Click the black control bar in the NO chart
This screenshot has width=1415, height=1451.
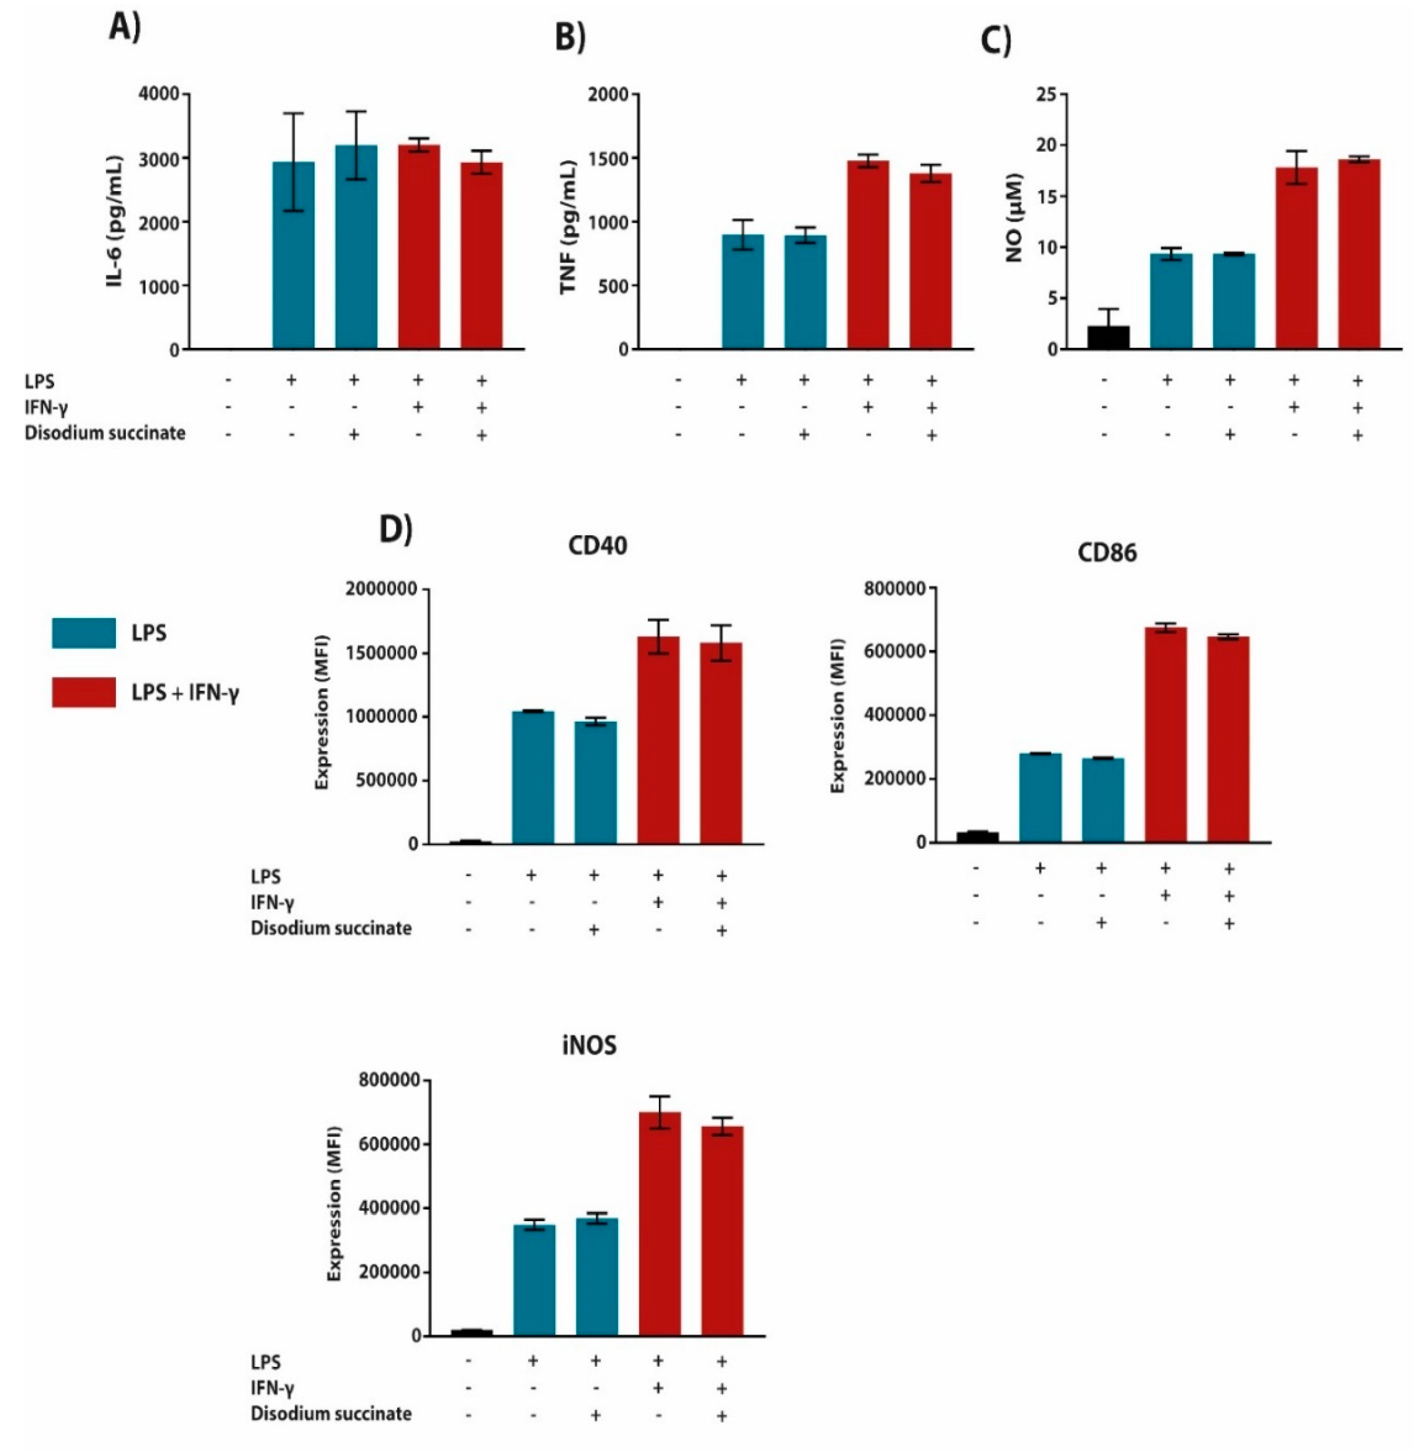pyautogui.click(x=1108, y=337)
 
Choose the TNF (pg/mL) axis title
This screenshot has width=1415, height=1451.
pyautogui.click(x=568, y=227)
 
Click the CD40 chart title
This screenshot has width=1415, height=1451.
pyautogui.click(x=597, y=546)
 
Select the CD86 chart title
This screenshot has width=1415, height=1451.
pyautogui.click(x=1106, y=553)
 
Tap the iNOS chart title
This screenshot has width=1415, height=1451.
pyautogui.click(x=589, y=1046)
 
